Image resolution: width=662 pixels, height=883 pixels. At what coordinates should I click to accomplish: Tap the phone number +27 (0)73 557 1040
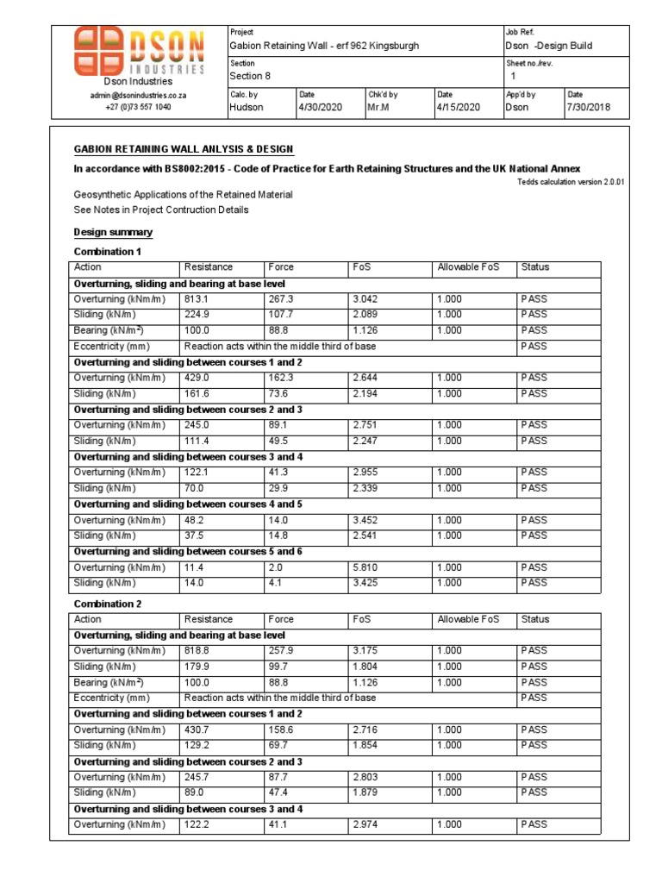click(x=138, y=107)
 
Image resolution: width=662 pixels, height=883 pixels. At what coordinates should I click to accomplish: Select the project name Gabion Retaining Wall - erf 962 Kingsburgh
click(x=323, y=46)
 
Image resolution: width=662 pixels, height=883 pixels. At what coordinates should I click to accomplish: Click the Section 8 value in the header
click(x=250, y=77)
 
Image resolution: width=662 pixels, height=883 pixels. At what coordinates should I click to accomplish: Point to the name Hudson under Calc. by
click(x=246, y=108)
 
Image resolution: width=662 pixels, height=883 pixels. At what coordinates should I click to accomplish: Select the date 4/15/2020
click(x=459, y=108)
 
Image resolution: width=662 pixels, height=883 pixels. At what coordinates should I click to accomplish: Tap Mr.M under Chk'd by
click(x=384, y=108)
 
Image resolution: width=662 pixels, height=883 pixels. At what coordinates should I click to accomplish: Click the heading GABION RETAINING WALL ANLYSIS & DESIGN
click(x=184, y=150)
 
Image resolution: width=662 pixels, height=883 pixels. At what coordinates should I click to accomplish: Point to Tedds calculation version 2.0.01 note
click(x=570, y=183)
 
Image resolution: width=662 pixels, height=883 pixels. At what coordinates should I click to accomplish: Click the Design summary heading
click(x=113, y=232)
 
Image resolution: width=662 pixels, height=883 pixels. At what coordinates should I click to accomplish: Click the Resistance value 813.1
click(x=197, y=299)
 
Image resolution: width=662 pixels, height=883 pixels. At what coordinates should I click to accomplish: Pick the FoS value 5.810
click(x=365, y=567)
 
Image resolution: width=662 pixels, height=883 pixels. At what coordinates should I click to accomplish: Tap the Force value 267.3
click(x=281, y=299)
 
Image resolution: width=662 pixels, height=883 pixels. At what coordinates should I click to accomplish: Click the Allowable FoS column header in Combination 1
click(x=468, y=267)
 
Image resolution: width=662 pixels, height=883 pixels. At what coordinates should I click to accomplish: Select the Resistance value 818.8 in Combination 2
click(x=197, y=651)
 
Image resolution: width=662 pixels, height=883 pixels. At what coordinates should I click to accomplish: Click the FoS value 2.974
click(x=365, y=824)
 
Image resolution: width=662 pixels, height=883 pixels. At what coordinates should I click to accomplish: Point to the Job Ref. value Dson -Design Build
click(x=548, y=46)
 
